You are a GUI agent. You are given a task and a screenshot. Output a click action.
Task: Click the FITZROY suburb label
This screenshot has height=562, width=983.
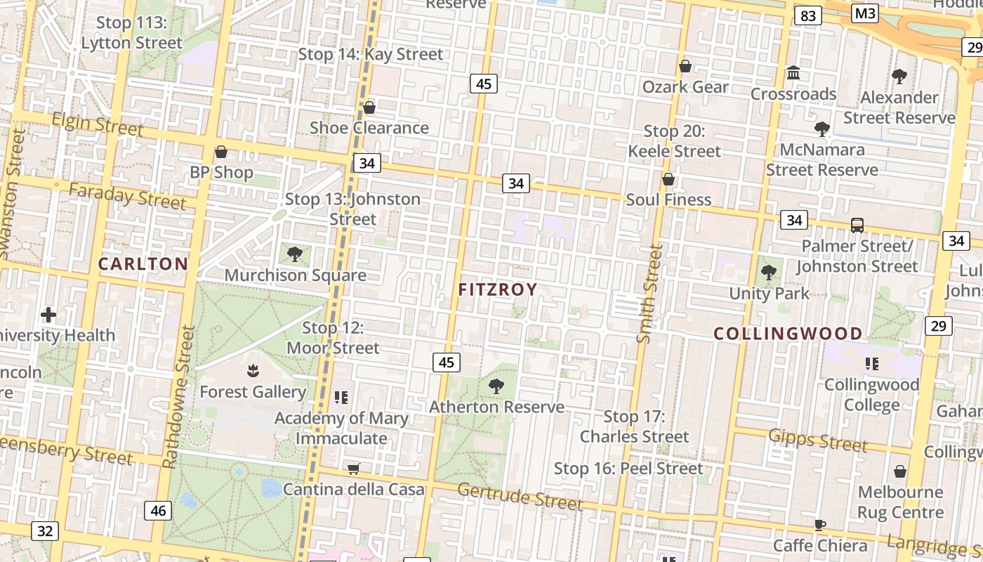pos(498,289)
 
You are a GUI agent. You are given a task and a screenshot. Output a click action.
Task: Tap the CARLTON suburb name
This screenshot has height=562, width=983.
pos(143,264)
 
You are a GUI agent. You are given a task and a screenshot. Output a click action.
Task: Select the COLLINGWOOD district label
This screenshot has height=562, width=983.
pos(788,334)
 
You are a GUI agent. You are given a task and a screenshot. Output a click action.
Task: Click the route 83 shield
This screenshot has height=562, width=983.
pos(808,15)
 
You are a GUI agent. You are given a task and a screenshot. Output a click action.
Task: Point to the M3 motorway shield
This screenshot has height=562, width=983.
pos(865,13)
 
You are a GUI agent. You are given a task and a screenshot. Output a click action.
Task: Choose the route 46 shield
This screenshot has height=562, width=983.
pos(158,511)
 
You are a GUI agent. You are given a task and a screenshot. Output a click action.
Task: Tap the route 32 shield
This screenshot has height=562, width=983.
pos(44,530)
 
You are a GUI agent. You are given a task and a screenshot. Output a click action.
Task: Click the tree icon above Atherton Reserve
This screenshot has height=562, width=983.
pos(496,386)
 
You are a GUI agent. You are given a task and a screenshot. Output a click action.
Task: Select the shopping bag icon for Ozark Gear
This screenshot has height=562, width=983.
pos(685,66)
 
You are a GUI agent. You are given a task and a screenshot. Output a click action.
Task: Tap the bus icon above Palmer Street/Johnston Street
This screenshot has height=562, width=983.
pos(857,226)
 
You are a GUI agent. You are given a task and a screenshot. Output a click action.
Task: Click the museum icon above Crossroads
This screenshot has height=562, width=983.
pos(793,72)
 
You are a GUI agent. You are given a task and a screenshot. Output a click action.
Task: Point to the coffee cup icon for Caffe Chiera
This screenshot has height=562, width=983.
pos(819,525)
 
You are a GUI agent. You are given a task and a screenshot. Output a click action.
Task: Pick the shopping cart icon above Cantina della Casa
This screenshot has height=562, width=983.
pos(354,469)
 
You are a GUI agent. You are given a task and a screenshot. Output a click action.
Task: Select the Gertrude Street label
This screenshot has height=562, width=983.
pos(520,496)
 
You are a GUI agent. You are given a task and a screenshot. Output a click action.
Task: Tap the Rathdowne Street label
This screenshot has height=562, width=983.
pos(178,396)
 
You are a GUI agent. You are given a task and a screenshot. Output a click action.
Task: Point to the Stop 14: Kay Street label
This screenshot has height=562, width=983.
pos(371,54)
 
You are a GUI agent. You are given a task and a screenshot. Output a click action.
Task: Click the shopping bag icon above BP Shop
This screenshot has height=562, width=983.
pos(221,152)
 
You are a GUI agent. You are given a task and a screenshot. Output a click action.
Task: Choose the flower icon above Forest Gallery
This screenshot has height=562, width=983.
pos(253,371)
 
